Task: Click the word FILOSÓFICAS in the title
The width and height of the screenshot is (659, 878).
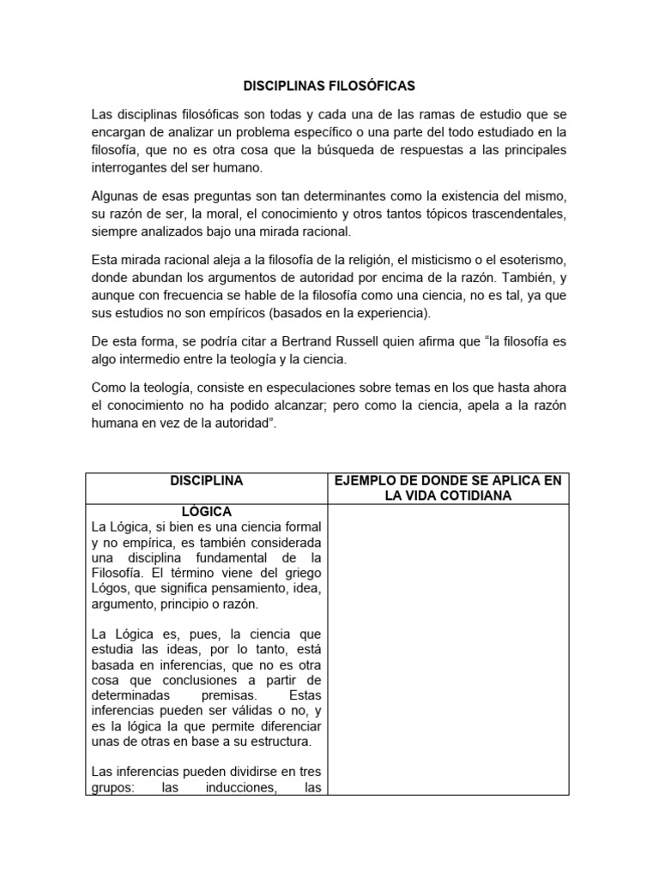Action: [372, 87]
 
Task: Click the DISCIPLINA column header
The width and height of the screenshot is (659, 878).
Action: [206, 481]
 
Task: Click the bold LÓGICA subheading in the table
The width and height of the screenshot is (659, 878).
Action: [206, 512]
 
